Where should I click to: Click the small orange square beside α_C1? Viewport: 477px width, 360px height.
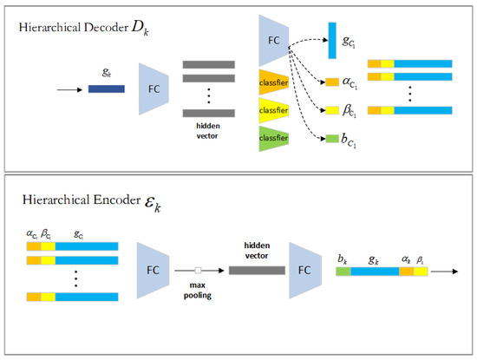(x=331, y=82)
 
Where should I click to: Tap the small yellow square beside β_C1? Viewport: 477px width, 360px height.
(x=331, y=110)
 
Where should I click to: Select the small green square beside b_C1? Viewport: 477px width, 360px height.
(x=331, y=138)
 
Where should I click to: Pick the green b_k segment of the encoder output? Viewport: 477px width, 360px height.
(x=343, y=272)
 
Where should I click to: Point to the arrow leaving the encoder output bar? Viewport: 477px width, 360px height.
(x=442, y=272)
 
